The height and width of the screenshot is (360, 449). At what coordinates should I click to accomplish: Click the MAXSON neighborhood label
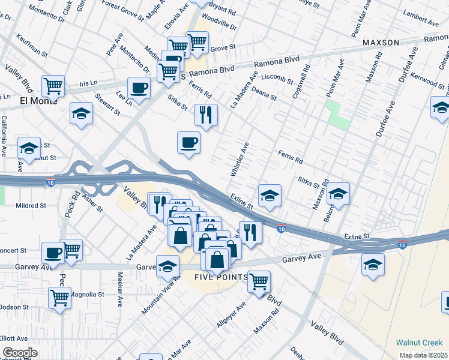coord(381,43)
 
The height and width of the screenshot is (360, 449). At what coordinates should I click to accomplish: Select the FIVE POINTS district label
coord(221,277)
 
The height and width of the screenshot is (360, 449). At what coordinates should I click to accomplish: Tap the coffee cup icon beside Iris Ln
coord(139,88)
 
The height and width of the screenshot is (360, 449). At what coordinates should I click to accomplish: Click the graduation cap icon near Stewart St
coord(81,113)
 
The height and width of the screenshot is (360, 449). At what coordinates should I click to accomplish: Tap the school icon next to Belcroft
coord(339,193)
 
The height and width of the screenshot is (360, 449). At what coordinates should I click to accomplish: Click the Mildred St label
coord(31,205)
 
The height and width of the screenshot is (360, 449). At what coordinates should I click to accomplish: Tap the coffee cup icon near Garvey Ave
coord(53,253)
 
